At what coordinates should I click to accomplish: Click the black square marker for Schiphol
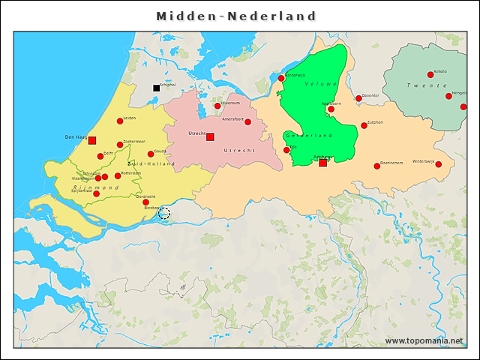tap(157, 88)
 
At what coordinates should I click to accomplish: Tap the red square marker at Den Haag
tap(92, 140)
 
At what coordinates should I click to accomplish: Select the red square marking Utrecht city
tap(210, 136)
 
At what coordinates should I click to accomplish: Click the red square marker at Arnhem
tap(322, 163)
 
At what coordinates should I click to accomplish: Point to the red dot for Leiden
tap(120, 121)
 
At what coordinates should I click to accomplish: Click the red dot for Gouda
tap(151, 154)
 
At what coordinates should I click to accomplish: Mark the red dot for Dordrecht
tap(145, 202)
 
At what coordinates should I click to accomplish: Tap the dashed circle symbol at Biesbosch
tap(164, 214)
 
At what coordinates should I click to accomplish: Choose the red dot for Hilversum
tap(217, 106)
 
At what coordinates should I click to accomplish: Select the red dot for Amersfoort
tap(248, 121)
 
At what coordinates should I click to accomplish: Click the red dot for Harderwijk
tap(281, 78)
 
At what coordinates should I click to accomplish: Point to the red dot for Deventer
tap(358, 98)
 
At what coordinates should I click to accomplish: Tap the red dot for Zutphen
tap(364, 125)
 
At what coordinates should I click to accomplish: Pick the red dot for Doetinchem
tap(377, 166)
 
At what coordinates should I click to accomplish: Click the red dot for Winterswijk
tap(439, 164)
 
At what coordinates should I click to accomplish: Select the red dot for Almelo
tap(430, 74)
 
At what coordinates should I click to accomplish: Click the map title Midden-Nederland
tap(236, 16)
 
